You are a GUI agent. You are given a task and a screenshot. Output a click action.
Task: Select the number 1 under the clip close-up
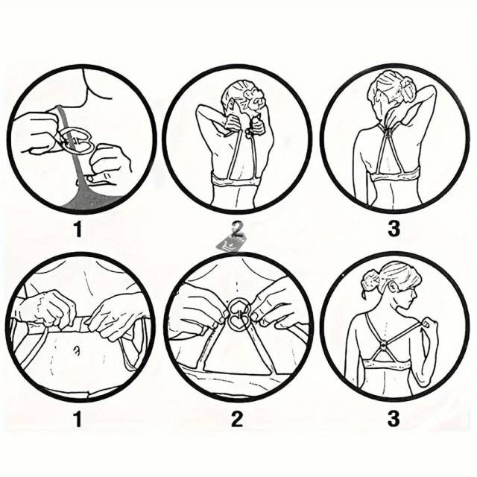(x=78, y=229)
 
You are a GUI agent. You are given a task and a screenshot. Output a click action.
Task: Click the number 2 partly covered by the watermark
(x=238, y=229)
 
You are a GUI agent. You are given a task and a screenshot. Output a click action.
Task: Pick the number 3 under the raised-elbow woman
(x=394, y=229)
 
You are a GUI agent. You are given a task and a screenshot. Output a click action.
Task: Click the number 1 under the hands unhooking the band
(x=78, y=419)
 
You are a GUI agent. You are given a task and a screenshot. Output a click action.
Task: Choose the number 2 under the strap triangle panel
(x=237, y=419)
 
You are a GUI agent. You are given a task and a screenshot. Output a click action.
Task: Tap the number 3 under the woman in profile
(x=394, y=419)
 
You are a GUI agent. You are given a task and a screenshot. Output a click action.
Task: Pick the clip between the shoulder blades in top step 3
(x=388, y=133)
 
